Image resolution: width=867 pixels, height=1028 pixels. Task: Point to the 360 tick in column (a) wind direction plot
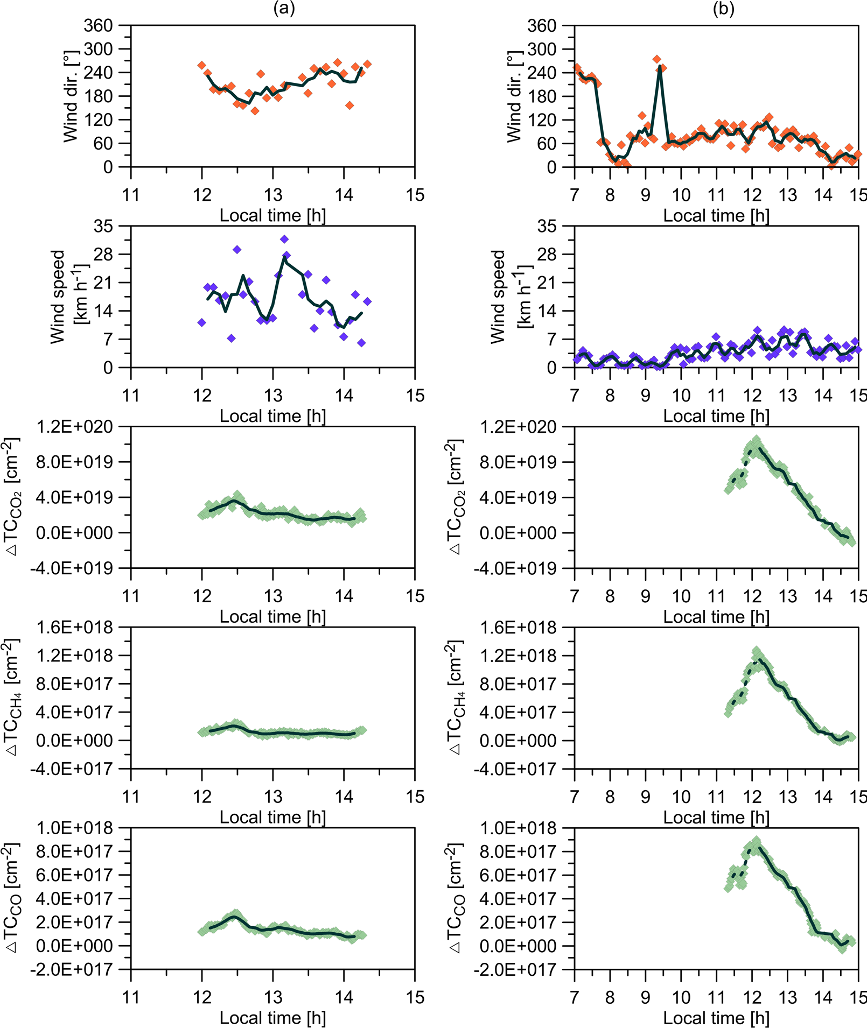click(98, 25)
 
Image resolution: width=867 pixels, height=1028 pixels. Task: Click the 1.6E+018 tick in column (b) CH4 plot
click(518, 628)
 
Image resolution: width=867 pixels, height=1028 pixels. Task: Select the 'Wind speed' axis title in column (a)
click(58, 297)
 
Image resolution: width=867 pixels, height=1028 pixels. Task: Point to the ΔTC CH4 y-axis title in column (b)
click(455, 698)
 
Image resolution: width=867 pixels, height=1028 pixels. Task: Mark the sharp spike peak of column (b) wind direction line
click(660, 67)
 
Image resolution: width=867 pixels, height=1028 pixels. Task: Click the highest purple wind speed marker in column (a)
click(284, 239)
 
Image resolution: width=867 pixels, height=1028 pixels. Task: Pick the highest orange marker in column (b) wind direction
click(656, 59)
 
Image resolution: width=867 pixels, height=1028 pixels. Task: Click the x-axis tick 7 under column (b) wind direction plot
click(575, 195)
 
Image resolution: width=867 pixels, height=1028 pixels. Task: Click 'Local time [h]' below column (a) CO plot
click(272, 1018)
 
